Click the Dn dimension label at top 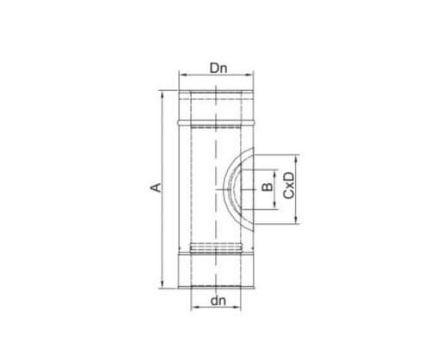click(x=218, y=69)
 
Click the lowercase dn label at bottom click(x=218, y=301)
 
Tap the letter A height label click(x=156, y=187)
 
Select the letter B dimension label click(x=267, y=187)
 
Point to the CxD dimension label click(x=289, y=186)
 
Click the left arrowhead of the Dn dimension click(x=181, y=75)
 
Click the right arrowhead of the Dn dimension click(x=250, y=75)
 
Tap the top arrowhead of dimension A click(x=163, y=95)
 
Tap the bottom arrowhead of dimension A click(x=163, y=284)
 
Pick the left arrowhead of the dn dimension click(x=194, y=308)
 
